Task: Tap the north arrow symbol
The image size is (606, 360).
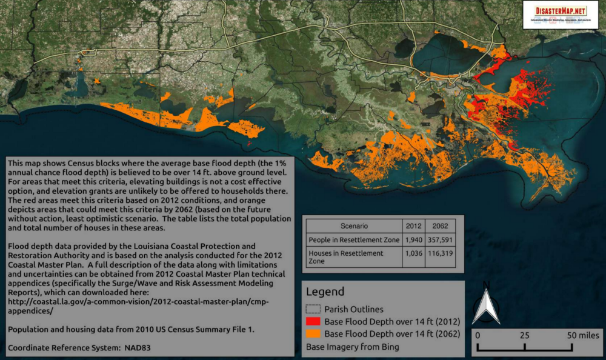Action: pos(485,304)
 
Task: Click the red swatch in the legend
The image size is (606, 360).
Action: pos(313,322)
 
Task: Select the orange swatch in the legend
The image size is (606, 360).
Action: pos(313,334)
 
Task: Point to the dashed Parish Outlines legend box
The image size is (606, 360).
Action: pos(313,310)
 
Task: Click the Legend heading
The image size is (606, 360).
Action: pos(325,292)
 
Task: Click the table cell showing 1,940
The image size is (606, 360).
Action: pos(414,239)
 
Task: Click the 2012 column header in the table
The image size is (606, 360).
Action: pos(414,225)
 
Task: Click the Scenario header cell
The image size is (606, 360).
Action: pos(354,225)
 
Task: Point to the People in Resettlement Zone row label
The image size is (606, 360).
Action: pos(354,239)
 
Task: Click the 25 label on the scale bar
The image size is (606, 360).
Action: pos(524,335)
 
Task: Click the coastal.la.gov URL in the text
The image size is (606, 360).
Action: pos(139,301)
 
